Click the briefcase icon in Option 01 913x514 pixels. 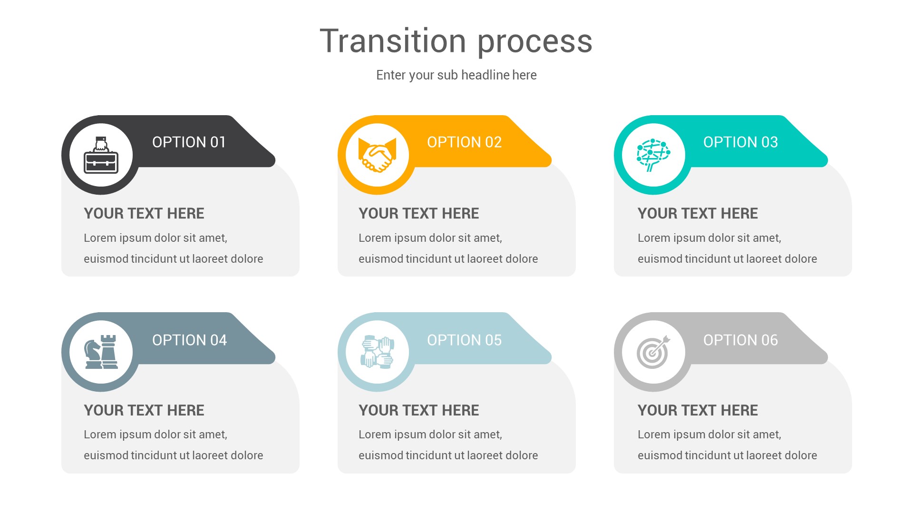coord(101,156)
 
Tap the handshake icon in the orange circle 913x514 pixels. coord(377,155)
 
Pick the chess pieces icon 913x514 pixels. coord(101,352)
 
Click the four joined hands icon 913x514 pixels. coord(377,352)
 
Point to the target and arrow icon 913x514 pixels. coord(653,353)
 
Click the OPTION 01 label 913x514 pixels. coord(189,142)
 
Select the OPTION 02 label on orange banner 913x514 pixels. coord(464,142)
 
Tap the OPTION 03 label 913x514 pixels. coord(740,142)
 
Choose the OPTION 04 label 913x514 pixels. coord(189,340)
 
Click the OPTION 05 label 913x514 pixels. coord(464,340)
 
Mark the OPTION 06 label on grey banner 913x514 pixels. coord(740,340)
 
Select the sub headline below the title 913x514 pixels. coord(456,75)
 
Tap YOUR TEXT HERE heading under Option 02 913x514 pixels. coord(418,214)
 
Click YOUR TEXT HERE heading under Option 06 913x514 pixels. coord(698,410)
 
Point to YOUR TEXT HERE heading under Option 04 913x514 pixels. coord(144,410)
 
